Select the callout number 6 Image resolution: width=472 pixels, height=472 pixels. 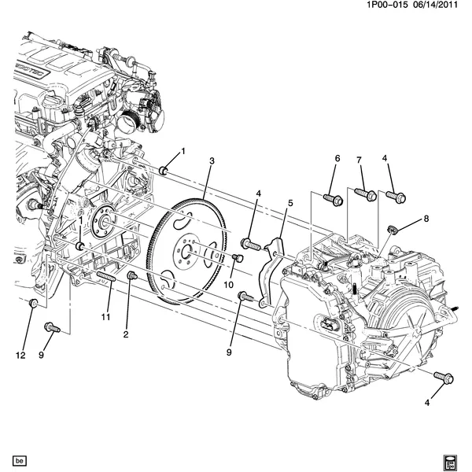click(337, 159)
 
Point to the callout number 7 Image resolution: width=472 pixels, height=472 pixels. click(359, 160)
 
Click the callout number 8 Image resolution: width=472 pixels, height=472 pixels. click(426, 219)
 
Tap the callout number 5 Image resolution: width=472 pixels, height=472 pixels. click(289, 204)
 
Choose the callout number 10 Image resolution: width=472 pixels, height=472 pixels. click(230, 284)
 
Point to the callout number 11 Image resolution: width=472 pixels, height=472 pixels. click(105, 316)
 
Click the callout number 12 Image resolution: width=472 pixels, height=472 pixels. click(21, 356)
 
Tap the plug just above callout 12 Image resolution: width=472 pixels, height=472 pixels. click(33, 304)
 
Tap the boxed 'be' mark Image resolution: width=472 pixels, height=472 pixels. click(20, 460)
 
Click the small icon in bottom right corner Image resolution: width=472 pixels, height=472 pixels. click(452, 459)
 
